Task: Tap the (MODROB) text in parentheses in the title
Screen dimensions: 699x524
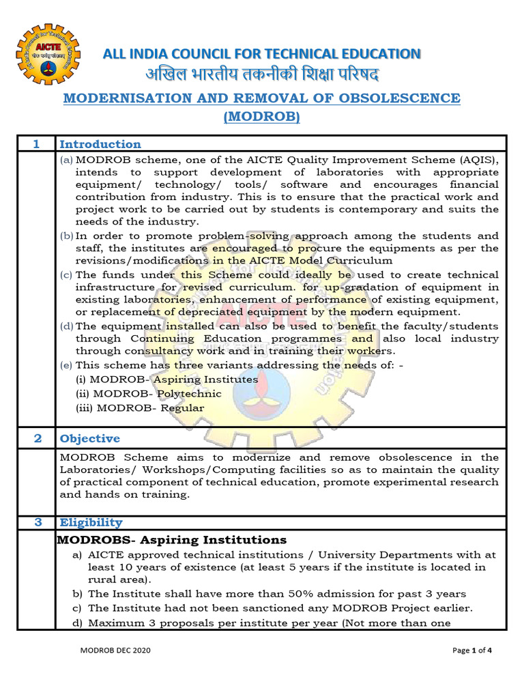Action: point(262,117)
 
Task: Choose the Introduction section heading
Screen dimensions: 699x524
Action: point(100,144)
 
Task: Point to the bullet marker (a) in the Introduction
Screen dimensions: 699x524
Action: point(67,160)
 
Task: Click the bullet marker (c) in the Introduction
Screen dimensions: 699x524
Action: point(67,274)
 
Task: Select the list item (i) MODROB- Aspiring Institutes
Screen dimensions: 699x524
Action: point(166,379)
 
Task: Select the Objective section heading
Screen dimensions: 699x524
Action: point(89,438)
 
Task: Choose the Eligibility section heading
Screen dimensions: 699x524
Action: point(91,523)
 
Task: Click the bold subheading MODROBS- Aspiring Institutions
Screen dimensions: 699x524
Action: point(171,540)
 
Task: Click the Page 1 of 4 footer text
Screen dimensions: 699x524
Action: point(472,651)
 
